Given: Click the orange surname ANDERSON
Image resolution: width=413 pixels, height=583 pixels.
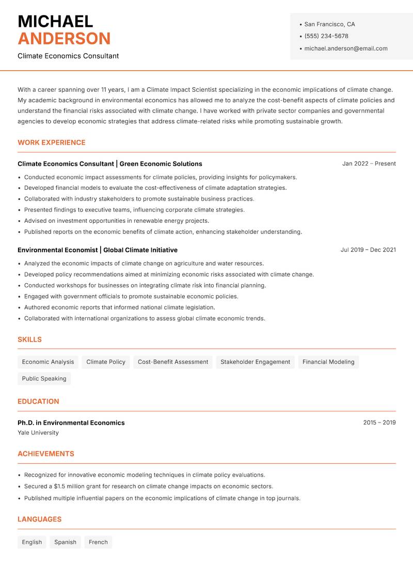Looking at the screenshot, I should [64, 39].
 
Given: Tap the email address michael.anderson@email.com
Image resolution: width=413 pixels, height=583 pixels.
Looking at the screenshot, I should [346, 48].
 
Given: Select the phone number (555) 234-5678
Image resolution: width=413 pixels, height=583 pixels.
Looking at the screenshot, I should [326, 36].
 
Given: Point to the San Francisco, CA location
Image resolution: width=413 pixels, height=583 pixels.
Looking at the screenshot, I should [329, 24].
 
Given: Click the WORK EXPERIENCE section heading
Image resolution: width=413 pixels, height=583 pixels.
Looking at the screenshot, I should [52, 142].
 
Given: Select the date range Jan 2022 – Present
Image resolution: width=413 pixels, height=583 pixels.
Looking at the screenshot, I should [369, 164].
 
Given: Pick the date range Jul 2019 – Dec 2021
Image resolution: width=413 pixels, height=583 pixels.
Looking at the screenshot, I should [368, 250].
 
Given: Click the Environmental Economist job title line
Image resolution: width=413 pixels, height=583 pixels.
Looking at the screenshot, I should [98, 250].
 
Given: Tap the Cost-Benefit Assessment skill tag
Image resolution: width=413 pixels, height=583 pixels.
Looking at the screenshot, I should [173, 362].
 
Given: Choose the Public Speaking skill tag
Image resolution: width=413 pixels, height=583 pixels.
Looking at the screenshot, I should [44, 378].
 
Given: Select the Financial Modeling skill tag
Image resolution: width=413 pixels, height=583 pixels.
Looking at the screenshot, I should [328, 362].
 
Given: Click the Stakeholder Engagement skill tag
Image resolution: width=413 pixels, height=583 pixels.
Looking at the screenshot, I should [255, 362].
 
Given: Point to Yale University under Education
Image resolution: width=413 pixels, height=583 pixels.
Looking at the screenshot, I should [38, 433].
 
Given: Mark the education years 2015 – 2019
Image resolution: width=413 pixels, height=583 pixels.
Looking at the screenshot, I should [379, 423].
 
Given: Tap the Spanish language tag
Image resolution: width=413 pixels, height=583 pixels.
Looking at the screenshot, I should [65, 542].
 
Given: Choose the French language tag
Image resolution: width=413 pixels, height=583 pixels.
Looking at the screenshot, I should [98, 542].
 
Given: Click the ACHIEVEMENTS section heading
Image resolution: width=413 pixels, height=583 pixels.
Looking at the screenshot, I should [46, 454].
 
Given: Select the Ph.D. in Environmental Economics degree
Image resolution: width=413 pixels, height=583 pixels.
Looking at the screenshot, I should [71, 423].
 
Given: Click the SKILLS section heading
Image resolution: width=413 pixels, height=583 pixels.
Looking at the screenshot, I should [29, 339].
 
